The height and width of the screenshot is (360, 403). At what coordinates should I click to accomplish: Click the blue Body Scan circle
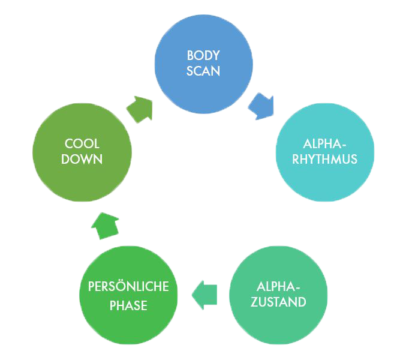click(203, 64)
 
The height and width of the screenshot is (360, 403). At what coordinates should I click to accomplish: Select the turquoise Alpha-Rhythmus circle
click(325, 152)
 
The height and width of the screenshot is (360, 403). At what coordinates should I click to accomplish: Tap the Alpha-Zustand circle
click(278, 295)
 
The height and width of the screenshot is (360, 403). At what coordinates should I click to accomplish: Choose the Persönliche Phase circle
click(128, 295)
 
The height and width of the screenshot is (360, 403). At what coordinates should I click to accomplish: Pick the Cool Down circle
click(82, 152)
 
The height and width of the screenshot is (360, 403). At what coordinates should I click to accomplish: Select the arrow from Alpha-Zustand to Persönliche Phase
click(204, 295)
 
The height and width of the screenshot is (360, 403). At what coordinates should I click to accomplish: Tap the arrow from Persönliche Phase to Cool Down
click(106, 226)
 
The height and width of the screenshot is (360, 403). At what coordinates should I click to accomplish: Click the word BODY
click(203, 55)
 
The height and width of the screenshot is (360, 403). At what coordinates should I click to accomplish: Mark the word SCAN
click(203, 71)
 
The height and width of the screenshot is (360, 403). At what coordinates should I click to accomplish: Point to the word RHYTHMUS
click(325, 159)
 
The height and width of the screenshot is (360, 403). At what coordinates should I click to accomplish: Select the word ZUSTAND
click(278, 302)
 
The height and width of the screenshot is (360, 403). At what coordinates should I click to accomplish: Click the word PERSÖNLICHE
click(128, 286)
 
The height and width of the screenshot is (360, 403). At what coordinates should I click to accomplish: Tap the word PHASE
click(128, 305)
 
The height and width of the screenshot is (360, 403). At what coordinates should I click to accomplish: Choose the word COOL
click(82, 143)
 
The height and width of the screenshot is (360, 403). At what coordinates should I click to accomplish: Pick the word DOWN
click(82, 159)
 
